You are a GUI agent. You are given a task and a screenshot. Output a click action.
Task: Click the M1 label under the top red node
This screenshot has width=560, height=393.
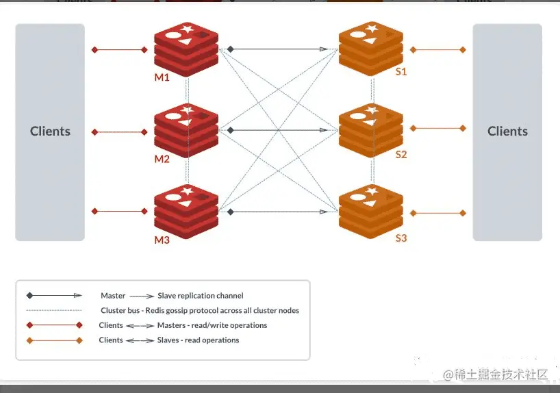[162, 77]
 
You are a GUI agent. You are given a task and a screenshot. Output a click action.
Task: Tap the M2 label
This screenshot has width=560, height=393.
[162, 159]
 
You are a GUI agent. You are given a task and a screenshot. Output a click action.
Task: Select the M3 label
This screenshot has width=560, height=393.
[162, 240]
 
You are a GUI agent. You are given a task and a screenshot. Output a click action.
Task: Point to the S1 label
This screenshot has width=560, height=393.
[401, 72]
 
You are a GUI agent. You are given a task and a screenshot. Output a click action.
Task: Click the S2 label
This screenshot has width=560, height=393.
[401, 155]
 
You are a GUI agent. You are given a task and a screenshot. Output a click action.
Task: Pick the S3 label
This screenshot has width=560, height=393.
[401, 238]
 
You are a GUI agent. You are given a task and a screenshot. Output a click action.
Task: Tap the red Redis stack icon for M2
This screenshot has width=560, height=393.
[186, 129]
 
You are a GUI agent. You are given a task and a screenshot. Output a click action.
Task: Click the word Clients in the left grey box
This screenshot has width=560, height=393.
[50, 131]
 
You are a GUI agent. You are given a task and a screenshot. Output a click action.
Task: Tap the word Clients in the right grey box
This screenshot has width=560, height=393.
[507, 131]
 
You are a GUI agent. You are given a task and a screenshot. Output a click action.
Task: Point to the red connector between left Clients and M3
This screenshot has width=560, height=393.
[120, 212]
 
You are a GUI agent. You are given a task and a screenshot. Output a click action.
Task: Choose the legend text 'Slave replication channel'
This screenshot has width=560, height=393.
[201, 296]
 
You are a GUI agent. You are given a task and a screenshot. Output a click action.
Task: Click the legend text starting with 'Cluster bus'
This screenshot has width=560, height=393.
[200, 310]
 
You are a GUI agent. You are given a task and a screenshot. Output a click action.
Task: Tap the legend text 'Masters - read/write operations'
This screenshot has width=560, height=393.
[212, 325]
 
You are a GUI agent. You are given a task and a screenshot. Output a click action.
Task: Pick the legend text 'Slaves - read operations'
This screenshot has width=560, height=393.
[199, 340]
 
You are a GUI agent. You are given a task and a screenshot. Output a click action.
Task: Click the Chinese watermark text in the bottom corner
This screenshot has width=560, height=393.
[496, 375]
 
